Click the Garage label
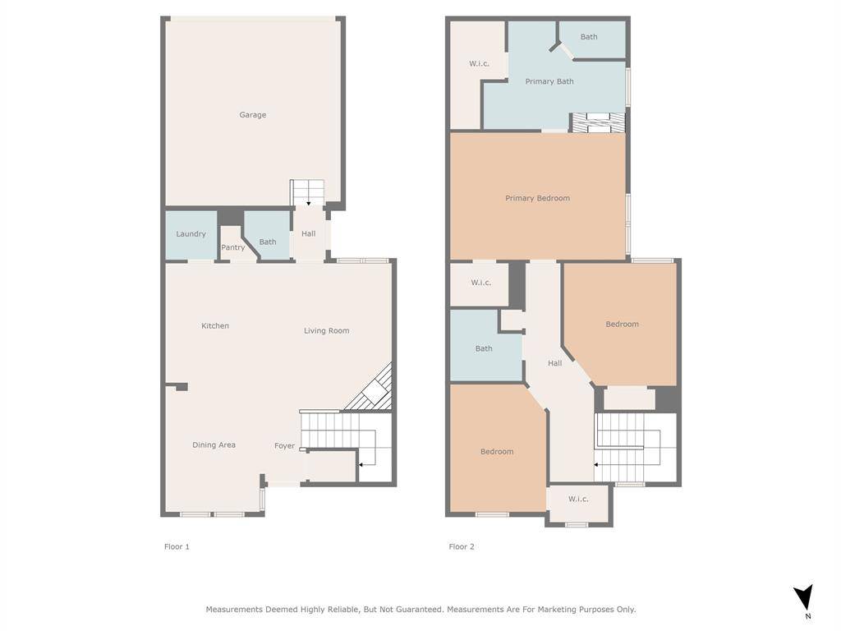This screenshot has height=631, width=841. click(253, 115)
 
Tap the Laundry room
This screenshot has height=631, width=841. click(191, 235)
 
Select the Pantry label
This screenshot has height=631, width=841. click(232, 247)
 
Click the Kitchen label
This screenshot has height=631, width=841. click(215, 325)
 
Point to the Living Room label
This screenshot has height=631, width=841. click(327, 330)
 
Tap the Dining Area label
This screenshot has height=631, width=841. click(214, 444)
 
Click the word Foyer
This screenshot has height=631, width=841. click(285, 446)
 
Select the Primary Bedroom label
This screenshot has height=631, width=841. click(537, 198)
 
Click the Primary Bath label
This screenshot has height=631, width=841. click(549, 81)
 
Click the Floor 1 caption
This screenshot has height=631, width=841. click(177, 546)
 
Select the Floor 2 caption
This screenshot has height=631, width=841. click(462, 546)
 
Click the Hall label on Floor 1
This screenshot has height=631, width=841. click(309, 234)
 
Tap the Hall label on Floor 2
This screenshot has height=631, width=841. click(555, 363)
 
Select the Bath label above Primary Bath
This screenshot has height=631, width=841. click(589, 37)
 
